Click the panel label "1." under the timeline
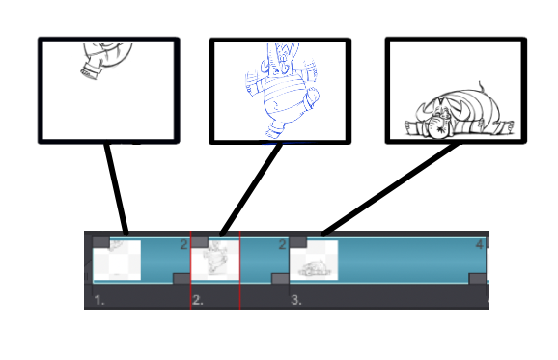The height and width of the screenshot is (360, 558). pos(99,301)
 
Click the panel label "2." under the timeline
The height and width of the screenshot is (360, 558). pos(197,301)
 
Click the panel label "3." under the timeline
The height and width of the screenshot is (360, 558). pos(296,301)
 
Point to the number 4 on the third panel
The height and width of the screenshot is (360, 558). pos(479,245)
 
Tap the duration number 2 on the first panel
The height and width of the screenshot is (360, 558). pos(183,245)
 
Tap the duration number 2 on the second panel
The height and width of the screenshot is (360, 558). pos(282,245)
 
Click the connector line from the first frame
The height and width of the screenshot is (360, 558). pos(117,188)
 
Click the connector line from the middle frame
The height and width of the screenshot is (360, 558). pos(251,188)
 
